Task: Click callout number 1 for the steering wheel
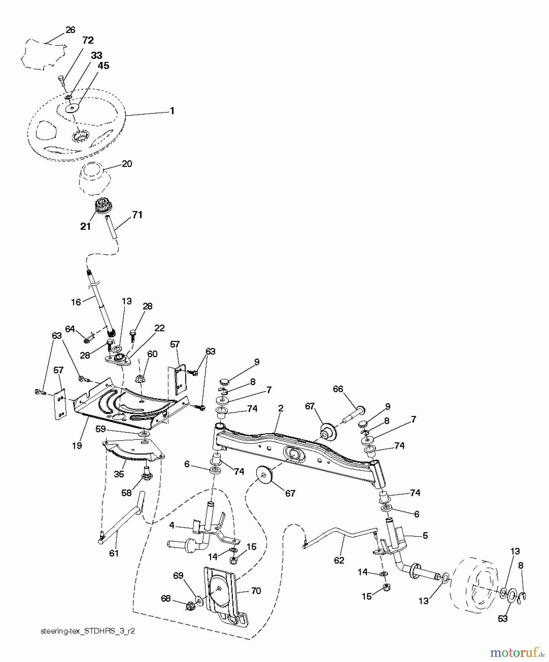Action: click(x=172, y=111)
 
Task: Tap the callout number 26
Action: click(x=70, y=30)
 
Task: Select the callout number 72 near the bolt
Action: click(x=88, y=40)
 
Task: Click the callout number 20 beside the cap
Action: click(x=127, y=164)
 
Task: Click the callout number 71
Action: click(x=137, y=215)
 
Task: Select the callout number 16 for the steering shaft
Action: click(x=76, y=302)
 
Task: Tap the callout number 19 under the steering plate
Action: click(x=77, y=445)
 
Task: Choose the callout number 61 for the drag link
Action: click(x=114, y=553)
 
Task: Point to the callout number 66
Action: click(x=338, y=389)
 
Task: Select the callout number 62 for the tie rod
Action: click(x=339, y=560)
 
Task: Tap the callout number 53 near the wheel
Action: click(x=502, y=619)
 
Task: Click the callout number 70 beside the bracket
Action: click(x=256, y=591)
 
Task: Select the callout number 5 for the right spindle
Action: click(x=425, y=536)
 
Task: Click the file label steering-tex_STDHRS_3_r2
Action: click(x=88, y=631)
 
